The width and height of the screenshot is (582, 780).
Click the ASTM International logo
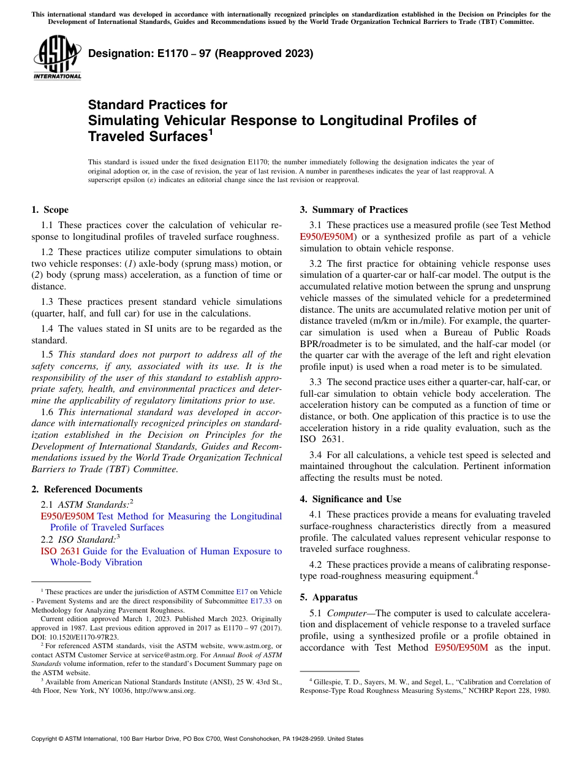[x=57, y=57]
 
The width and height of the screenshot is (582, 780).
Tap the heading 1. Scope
[x=50, y=210]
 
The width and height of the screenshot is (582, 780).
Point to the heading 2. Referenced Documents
[x=87, y=489]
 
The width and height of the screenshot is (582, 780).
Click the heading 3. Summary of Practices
[x=353, y=210]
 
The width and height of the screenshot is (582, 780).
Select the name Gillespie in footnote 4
[x=328, y=682]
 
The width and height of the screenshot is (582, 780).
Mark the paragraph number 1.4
[x=48, y=329]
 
